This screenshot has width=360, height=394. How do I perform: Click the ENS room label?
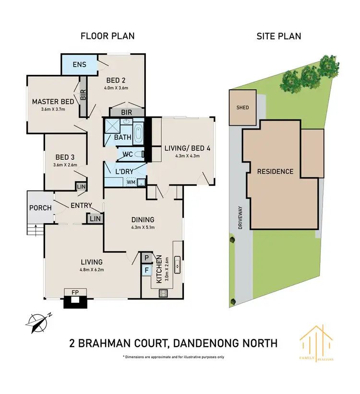point(79,64)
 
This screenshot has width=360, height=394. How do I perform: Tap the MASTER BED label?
point(53,102)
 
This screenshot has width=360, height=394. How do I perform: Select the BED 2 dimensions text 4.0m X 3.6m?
point(116,88)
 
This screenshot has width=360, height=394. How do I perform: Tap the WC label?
point(128,155)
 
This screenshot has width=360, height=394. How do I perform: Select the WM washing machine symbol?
point(131,182)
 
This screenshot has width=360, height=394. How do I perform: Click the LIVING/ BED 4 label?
point(188,148)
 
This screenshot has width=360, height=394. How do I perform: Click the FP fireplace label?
point(74,292)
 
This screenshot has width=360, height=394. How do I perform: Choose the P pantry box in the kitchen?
point(146,258)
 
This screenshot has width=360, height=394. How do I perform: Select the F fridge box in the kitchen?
point(146,270)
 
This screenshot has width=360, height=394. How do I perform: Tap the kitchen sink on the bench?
point(177,263)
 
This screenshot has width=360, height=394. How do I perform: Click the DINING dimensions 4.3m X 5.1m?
point(143,228)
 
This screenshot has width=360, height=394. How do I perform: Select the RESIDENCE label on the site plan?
point(275,171)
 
